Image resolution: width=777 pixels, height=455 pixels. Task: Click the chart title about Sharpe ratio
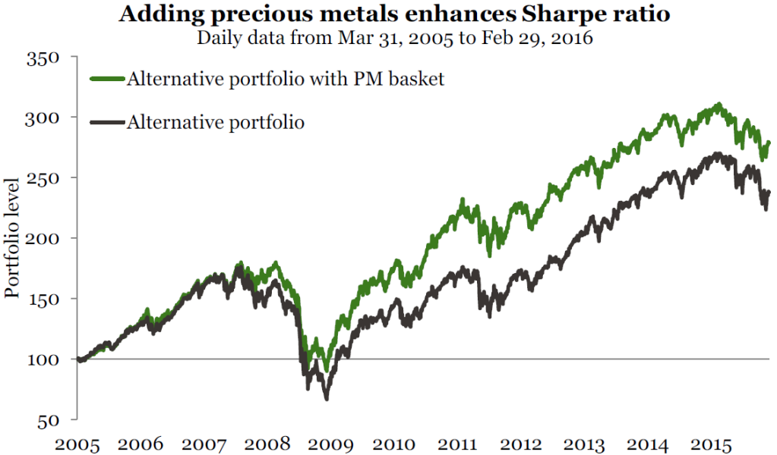[394, 14]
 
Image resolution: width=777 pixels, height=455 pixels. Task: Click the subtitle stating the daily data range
[394, 38]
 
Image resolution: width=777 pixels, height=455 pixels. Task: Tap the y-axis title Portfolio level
[11, 238]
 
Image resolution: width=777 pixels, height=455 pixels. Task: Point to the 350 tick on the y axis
[43, 58]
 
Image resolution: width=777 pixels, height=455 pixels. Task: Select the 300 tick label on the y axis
[43, 118]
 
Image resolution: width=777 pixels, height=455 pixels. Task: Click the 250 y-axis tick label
[43, 178]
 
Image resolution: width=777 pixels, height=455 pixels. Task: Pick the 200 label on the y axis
[43, 239]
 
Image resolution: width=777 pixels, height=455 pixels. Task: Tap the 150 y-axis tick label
[43, 300]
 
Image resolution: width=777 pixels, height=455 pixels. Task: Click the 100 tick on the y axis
[43, 359]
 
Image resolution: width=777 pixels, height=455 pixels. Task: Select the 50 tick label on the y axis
[49, 421]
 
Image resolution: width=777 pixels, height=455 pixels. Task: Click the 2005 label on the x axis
[77, 444]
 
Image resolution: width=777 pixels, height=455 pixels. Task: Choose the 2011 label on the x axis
[457, 444]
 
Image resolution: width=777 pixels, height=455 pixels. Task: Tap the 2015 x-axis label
[711, 444]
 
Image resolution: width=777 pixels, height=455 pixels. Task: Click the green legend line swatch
[107, 79]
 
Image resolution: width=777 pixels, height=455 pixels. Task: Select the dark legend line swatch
[107, 121]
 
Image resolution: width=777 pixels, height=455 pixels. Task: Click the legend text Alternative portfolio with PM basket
[286, 79]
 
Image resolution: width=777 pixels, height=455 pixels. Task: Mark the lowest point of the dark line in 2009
[327, 398]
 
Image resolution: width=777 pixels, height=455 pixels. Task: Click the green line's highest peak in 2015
[719, 105]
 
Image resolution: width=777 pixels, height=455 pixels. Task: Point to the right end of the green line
[769, 143]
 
